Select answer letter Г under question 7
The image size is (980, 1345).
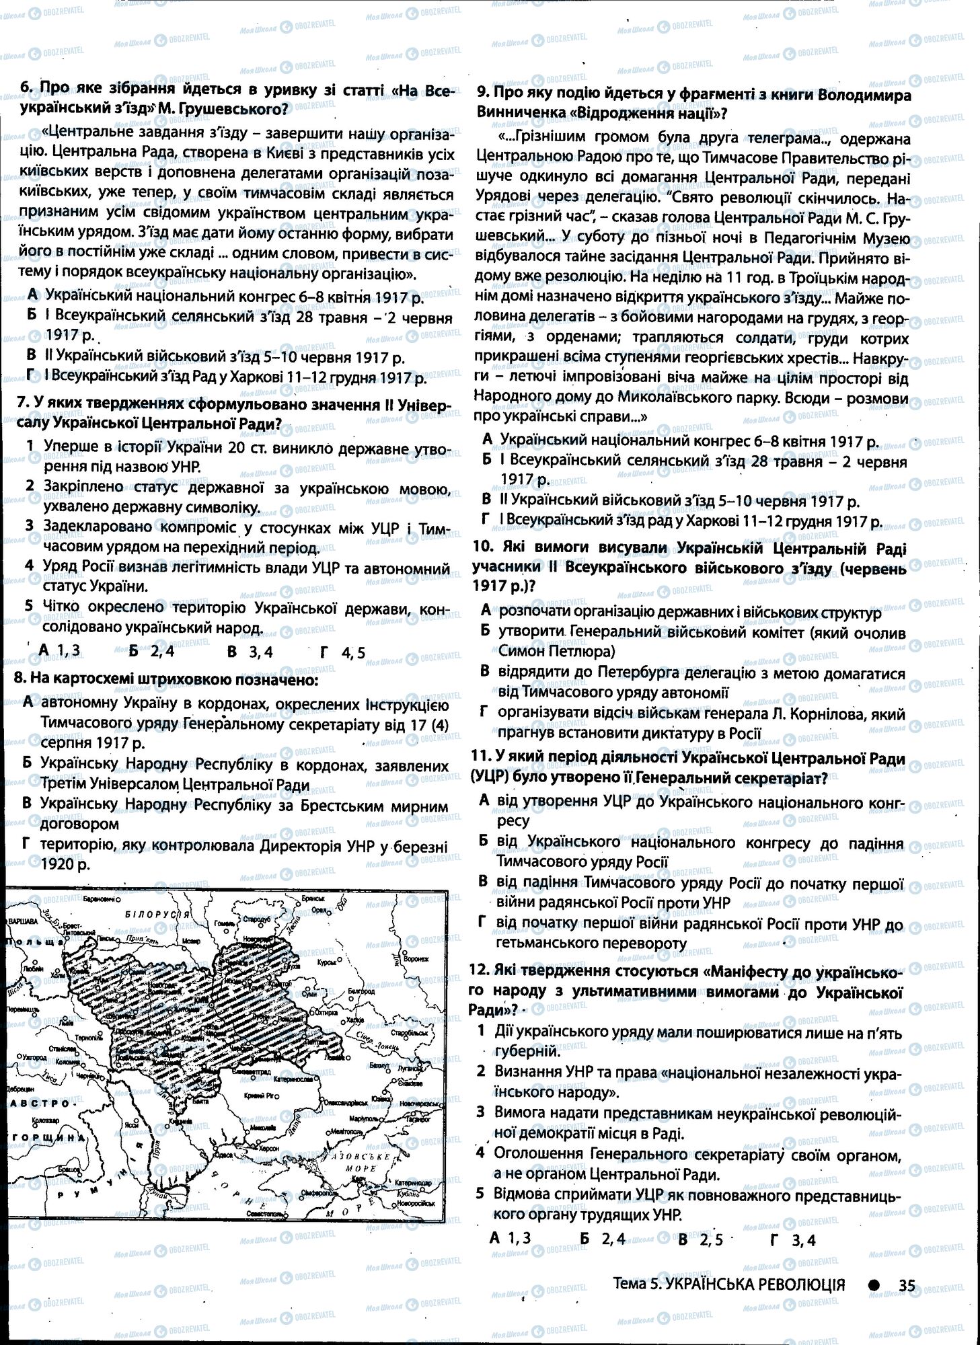326,651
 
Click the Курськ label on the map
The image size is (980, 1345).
327,962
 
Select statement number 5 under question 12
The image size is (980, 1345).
480,1194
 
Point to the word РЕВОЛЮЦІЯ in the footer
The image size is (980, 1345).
801,1285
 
